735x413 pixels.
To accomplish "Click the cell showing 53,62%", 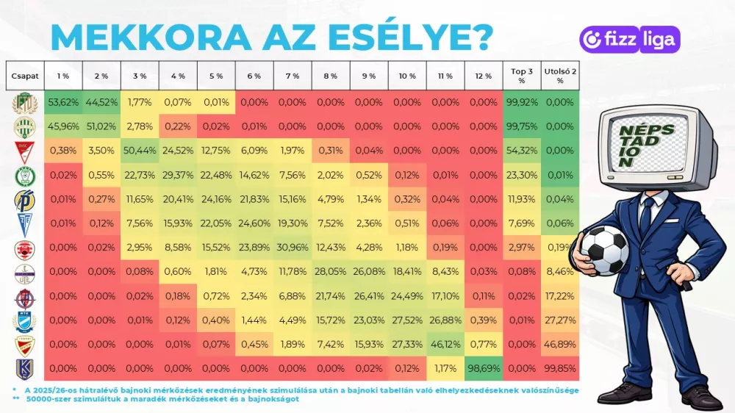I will point(62,102).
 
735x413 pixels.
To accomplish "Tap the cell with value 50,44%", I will point(140,151).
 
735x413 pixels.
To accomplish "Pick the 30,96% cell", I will point(293,247).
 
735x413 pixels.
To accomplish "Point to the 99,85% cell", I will point(560,367).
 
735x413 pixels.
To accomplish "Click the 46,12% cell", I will point(445,343).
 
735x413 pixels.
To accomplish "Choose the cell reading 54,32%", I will point(522,151).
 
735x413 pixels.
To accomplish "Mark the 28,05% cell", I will point(331,271).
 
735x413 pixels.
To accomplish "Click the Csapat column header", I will point(24,76).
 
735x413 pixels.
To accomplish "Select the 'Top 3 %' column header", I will point(522,76).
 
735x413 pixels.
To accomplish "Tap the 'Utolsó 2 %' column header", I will point(560,76).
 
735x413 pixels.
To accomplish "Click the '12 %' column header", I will point(483,76).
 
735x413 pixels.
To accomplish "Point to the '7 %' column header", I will point(293,76).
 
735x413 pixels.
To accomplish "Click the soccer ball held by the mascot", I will point(604,250).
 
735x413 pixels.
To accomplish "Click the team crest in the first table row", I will point(24,103).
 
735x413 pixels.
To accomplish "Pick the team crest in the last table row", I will point(24,368).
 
